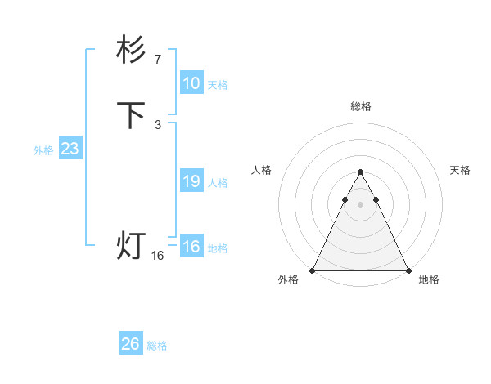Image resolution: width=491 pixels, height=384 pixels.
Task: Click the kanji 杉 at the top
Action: tap(131, 51)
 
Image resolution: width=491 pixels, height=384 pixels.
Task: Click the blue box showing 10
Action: tap(191, 83)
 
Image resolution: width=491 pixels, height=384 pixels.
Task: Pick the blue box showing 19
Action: tap(191, 181)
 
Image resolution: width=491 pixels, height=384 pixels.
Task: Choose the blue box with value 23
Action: tap(70, 149)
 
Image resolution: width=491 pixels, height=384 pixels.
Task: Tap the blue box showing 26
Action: tap(131, 344)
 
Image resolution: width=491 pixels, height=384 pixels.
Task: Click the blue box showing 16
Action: tap(191, 247)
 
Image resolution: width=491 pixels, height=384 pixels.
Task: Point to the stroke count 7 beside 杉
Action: tap(158, 59)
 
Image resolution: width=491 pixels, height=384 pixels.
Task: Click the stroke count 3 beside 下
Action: tap(158, 124)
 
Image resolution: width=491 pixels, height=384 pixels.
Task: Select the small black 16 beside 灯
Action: tap(158, 256)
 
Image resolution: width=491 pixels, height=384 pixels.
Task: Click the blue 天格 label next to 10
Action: tap(218, 85)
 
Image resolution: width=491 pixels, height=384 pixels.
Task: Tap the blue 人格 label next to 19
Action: tap(218, 183)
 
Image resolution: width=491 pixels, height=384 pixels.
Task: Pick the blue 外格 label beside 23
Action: tap(43, 150)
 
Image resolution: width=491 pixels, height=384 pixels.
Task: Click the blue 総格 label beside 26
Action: tap(157, 346)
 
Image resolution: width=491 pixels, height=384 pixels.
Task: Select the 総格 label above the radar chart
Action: tap(360, 106)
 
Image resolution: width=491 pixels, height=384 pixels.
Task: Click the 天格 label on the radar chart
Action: tap(460, 170)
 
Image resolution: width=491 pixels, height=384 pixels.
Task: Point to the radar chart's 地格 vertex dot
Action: tap(408, 270)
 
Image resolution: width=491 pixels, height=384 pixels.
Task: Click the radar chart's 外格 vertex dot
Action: tap(313, 270)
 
